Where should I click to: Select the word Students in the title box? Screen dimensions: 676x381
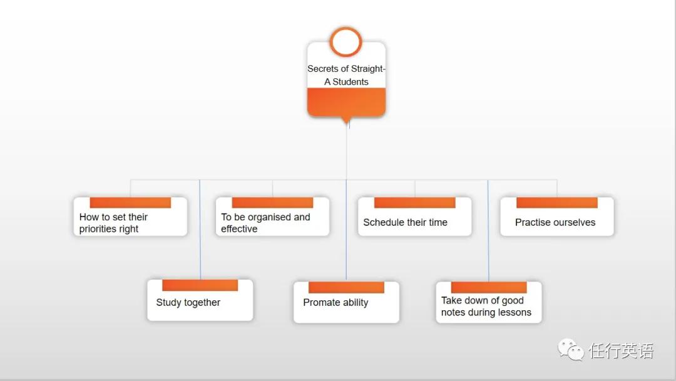point(351,82)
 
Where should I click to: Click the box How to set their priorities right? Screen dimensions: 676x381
point(130,216)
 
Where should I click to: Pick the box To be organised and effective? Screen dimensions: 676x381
point(272,216)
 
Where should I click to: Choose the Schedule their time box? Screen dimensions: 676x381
point(415,216)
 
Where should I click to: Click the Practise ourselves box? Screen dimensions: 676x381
point(557,216)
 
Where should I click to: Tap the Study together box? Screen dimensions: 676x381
point(200,300)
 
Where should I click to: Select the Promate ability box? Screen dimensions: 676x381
point(346,302)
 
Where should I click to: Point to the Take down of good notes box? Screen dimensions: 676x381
point(488,302)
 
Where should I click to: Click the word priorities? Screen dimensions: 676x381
point(98,229)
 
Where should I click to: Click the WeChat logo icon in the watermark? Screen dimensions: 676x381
point(571,350)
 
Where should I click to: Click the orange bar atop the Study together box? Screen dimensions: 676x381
point(200,285)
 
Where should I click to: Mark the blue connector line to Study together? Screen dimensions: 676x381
point(200,230)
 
